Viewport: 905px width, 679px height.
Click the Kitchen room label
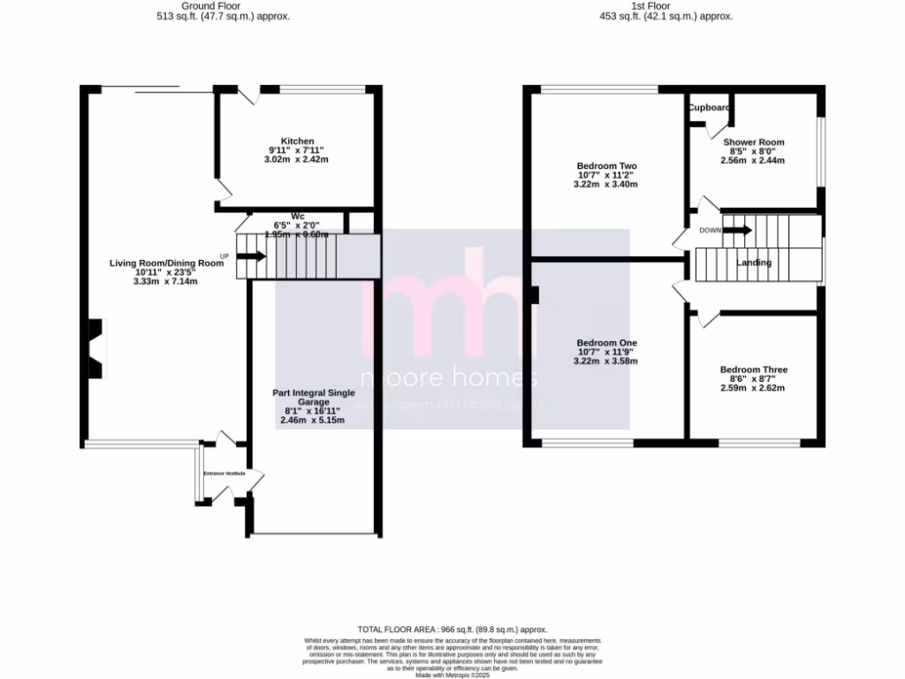(297, 141)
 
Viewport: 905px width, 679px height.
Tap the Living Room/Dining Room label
(166, 263)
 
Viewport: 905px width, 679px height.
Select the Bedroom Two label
(606, 166)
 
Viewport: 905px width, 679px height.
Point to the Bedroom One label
(606, 343)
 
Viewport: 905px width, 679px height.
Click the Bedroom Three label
(753, 370)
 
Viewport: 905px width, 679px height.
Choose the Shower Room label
(753, 142)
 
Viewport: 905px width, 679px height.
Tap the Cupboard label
(710, 108)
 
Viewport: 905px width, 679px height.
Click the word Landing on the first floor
(754, 263)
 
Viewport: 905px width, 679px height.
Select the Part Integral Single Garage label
(313, 397)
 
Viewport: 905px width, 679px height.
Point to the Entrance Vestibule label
(224, 474)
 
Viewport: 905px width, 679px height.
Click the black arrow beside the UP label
(251, 256)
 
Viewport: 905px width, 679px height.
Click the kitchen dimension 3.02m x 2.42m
(297, 160)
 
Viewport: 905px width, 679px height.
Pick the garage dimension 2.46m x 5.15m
(313, 421)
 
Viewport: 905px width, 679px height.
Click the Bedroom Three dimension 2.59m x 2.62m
(753, 388)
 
